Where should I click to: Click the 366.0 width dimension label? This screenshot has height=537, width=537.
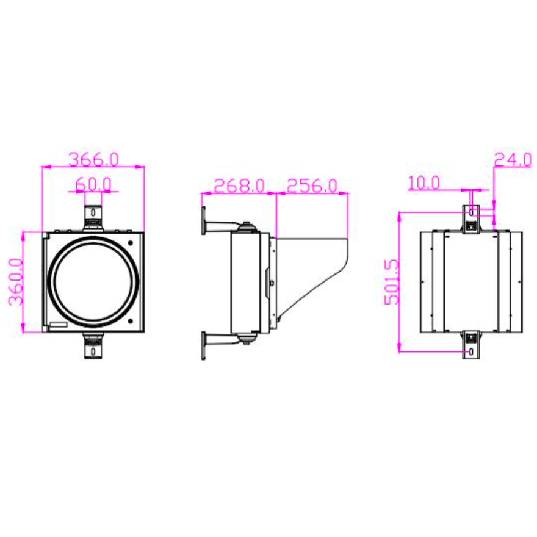coord(94,159)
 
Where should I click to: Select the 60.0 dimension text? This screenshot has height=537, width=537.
coord(93,184)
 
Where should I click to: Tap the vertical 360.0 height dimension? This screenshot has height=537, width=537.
coord(16,281)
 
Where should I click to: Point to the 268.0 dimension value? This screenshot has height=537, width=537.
coord(239,186)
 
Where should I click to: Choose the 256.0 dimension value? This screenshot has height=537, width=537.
coord(312,186)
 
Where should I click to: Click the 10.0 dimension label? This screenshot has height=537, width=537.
coord(424,183)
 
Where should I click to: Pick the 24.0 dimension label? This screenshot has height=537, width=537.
coord(513,160)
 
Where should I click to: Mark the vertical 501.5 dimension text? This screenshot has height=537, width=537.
coord(392,282)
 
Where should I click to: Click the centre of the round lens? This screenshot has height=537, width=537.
coord(93,281)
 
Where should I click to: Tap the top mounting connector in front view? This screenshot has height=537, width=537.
coord(93,218)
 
